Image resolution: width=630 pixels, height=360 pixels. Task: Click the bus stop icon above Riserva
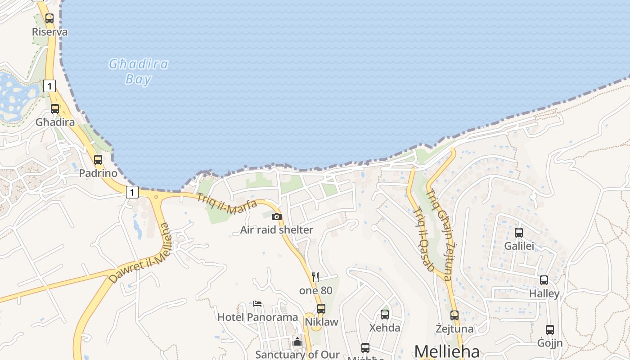(49, 18)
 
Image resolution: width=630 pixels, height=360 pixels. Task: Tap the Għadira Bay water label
(139, 72)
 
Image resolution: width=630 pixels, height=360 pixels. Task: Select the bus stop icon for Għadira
(55, 109)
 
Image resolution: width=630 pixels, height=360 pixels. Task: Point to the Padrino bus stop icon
(98, 160)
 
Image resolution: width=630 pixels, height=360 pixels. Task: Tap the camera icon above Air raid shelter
(277, 217)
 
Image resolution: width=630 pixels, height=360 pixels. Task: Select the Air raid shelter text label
(277, 230)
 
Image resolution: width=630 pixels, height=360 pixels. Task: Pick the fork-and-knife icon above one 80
(315, 277)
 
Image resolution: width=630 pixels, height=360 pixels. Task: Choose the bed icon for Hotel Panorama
(257, 304)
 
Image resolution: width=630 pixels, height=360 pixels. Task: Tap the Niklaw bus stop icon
(321, 309)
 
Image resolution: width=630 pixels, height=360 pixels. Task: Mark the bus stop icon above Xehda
(385, 315)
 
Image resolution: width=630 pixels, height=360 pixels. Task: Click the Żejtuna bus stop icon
(454, 315)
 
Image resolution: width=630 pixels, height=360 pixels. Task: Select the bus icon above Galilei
(519, 233)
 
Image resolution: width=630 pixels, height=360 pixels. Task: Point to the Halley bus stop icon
(544, 280)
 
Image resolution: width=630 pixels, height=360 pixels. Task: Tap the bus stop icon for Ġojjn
(550, 330)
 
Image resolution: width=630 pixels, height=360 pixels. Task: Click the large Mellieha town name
(447, 351)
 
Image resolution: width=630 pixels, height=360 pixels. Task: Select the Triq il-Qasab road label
(423, 239)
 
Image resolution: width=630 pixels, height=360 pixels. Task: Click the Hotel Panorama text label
(257, 317)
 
